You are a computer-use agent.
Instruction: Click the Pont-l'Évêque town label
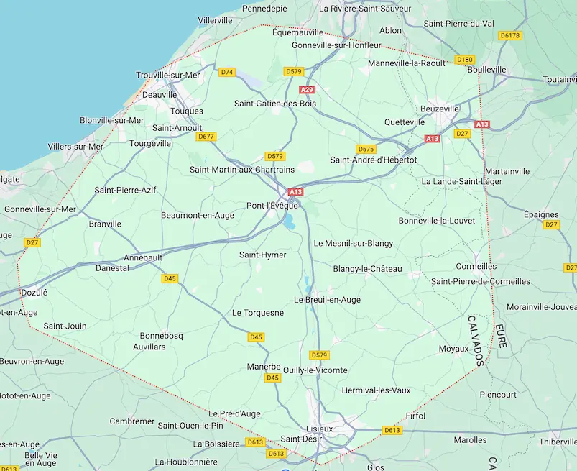(272, 205)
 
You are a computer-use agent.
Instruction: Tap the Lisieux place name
(320, 429)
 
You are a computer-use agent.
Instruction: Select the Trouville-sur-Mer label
(169, 75)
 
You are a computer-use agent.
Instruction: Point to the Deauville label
(160, 94)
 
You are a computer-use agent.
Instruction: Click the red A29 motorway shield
(307, 90)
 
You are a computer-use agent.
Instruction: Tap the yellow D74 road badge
(227, 72)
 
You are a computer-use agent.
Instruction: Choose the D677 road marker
(206, 137)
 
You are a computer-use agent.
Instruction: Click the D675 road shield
(366, 149)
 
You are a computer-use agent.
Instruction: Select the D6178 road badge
(509, 35)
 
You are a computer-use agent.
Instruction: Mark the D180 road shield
(465, 60)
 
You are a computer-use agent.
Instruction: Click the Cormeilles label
(476, 266)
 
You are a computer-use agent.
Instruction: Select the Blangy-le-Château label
(367, 269)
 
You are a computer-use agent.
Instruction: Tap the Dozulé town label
(34, 293)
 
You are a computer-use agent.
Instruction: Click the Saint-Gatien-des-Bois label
(275, 104)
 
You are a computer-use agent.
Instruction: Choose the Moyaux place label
(453, 349)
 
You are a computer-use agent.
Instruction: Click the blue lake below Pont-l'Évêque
(290, 223)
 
